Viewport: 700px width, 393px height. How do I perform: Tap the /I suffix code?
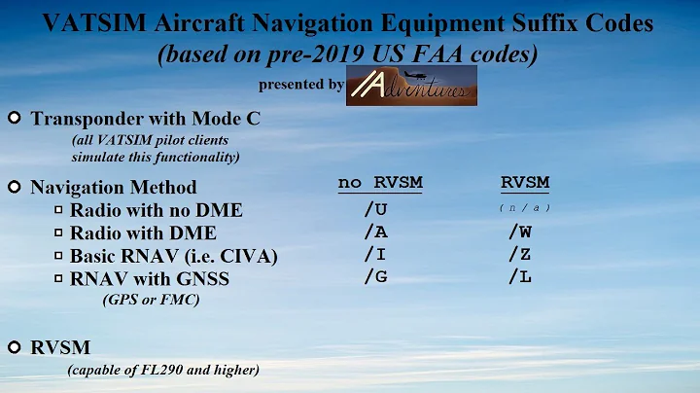pyautogui.click(x=375, y=255)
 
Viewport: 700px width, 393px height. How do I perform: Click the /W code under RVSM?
pyautogui.click(x=519, y=232)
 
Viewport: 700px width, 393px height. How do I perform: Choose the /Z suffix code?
pyautogui.click(x=519, y=255)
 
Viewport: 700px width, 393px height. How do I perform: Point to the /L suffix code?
pyautogui.click(x=519, y=277)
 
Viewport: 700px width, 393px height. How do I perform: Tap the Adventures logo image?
pyautogui.click(x=411, y=85)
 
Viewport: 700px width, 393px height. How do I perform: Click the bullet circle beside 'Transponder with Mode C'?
pyautogui.click(x=15, y=119)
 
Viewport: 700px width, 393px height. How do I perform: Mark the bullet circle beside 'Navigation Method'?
pyautogui.click(x=15, y=186)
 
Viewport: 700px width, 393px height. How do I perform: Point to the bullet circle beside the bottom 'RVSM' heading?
pyautogui.click(x=15, y=346)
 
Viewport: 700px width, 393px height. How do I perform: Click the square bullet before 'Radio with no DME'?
pyautogui.click(x=58, y=210)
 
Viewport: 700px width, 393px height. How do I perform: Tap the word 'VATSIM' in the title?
pyautogui.click(x=87, y=21)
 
